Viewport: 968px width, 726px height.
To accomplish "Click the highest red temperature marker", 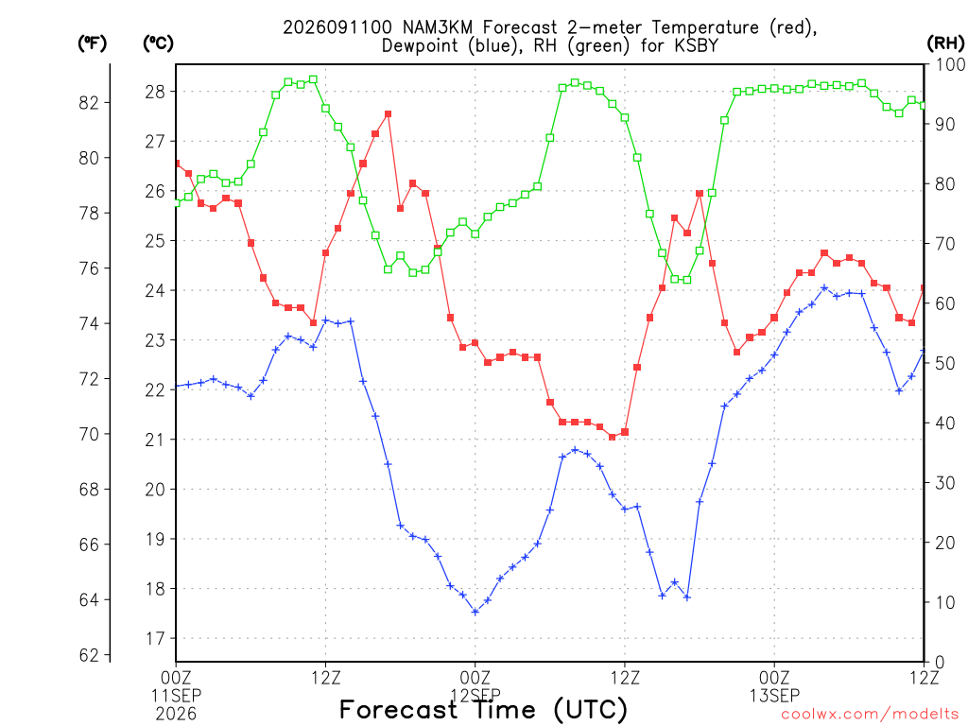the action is tap(388, 114).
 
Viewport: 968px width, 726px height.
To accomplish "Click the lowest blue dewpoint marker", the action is tap(475, 612).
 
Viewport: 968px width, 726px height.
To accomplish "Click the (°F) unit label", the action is tap(92, 43).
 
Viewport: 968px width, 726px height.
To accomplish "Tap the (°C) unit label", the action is tap(158, 43).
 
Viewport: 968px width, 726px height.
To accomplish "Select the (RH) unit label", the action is tap(945, 43).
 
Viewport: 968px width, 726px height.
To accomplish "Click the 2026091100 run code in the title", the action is tap(337, 27).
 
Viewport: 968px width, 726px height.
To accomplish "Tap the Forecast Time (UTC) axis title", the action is tap(483, 710).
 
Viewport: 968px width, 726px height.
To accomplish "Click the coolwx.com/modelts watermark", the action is tap(870, 715).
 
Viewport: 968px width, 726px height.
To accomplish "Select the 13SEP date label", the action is tap(774, 696).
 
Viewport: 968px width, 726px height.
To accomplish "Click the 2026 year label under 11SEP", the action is tap(176, 715).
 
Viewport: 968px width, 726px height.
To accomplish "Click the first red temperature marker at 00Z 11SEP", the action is tap(177, 164).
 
